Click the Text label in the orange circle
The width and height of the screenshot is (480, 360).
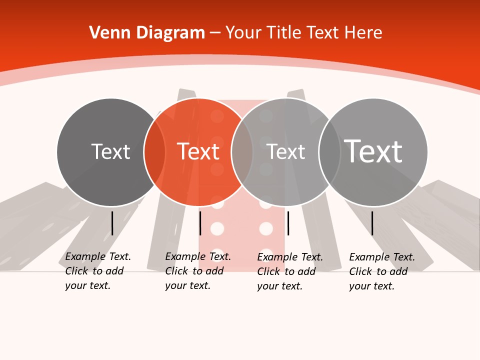point(198,151)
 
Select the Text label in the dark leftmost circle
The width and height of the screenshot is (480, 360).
point(110,151)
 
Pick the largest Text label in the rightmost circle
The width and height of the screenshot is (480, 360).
point(373,151)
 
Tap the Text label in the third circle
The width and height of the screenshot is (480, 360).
point(285,151)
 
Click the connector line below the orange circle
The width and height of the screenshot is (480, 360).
point(200,223)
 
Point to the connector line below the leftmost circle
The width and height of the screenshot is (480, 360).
point(112,223)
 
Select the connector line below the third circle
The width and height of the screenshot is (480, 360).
point(288,223)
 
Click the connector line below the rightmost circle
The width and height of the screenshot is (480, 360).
point(372,223)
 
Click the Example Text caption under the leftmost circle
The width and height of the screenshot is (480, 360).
point(98,271)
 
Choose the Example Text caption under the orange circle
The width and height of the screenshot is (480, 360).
point(198,271)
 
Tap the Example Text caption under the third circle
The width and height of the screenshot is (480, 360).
point(290,271)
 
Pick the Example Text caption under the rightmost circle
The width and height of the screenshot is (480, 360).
point(382,271)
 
